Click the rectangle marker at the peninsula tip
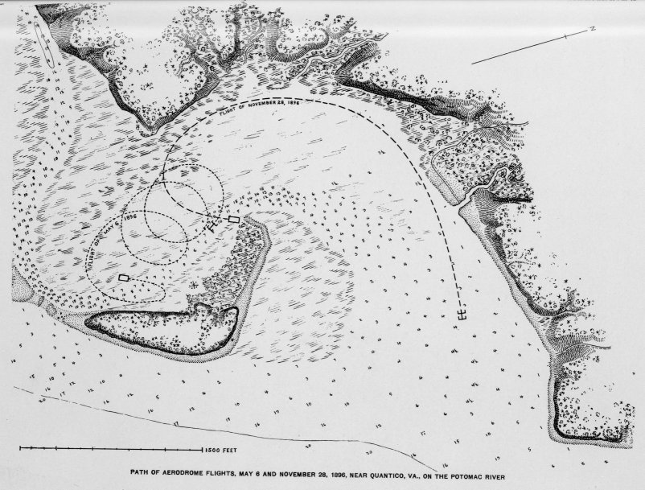click(234, 219)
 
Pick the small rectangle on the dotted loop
click(123, 278)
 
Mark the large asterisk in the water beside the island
click(193, 284)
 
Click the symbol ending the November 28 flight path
click(461, 314)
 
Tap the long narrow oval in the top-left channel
click(46, 45)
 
